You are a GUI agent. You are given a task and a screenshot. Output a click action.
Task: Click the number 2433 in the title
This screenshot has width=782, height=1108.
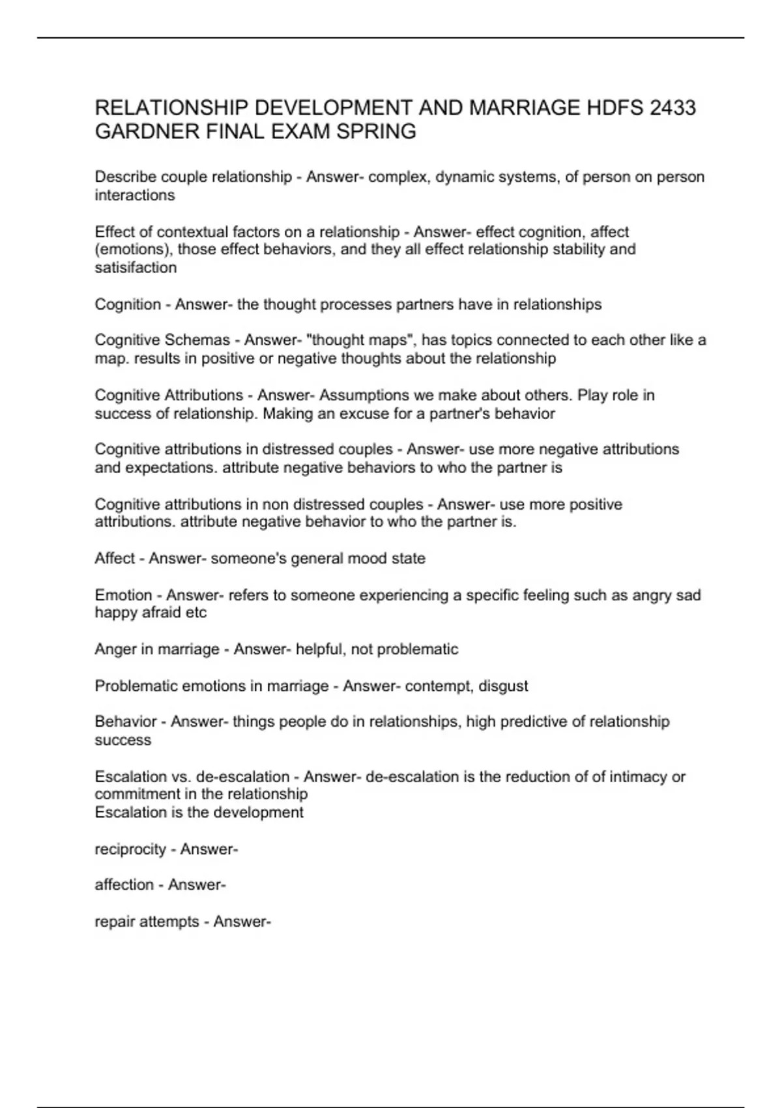coord(672,108)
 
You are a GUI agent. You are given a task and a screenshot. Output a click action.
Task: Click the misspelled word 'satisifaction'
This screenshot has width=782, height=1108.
coord(136,268)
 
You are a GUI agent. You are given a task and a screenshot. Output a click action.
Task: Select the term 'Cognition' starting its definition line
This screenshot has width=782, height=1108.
coord(128,304)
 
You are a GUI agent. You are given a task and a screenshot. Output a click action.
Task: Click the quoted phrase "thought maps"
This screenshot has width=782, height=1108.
coord(364,340)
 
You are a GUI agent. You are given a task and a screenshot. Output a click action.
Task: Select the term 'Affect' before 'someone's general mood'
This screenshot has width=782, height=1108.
coord(115,559)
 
